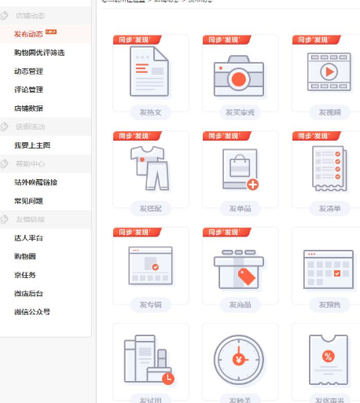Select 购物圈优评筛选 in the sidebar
[39, 53]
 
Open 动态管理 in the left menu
[28, 71]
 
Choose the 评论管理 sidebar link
[28, 90]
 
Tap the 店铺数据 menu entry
[28, 108]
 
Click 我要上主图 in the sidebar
[32, 145]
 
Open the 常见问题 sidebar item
[28, 200]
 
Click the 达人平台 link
[28, 238]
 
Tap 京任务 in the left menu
[24, 275]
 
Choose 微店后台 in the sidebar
[28, 293]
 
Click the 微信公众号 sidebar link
[32, 312]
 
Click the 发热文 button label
[150, 112]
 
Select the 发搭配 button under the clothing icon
[150, 208]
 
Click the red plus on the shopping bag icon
[252, 185]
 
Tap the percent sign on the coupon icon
[329, 356]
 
